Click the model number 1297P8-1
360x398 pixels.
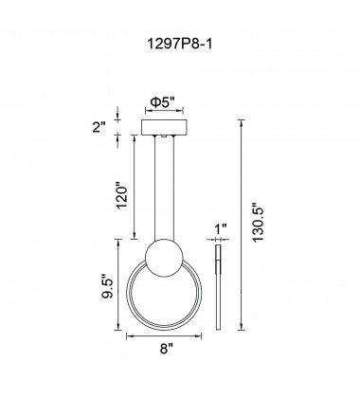click(180, 44)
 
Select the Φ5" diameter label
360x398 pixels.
click(163, 102)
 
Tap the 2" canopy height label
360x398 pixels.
click(99, 127)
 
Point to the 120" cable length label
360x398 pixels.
click(122, 196)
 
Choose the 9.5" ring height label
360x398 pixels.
click(108, 285)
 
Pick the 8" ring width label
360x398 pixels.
click(167, 349)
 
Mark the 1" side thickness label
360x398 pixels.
click(221, 229)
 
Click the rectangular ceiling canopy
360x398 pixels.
click(164, 127)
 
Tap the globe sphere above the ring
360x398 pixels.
click(164, 258)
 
